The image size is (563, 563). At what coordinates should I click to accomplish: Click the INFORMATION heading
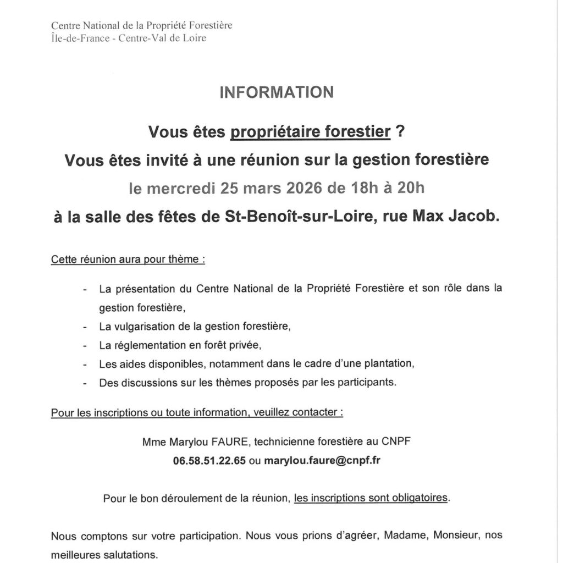(x=277, y=92)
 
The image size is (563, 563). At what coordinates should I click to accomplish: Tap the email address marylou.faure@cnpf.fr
(x=322, y=461)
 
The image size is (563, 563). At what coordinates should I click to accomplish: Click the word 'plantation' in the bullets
(x=388, y=364)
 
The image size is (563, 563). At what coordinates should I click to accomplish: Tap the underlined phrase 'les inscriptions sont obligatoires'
(x=371, y=499)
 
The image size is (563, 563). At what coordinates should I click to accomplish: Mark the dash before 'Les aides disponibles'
(x=85, y=365)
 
